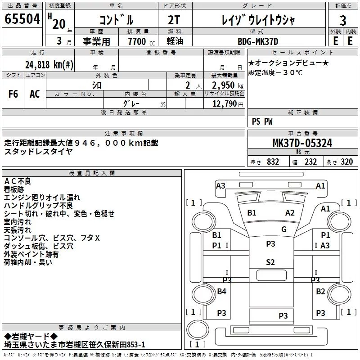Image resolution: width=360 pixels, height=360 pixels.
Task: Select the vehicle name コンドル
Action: click(116, 21)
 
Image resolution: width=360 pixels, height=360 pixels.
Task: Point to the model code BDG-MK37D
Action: click(258, 41)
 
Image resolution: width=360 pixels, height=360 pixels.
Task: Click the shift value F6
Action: click(13, 94)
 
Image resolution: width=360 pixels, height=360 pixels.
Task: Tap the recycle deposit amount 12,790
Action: click(225, 104)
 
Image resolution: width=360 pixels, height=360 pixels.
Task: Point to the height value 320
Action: click(346, 162)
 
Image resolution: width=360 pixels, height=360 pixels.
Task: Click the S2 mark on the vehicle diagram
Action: click(270, 262)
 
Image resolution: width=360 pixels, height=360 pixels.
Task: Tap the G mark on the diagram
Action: click(284, 229)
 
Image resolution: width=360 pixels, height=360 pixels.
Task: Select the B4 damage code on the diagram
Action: click(221, 292)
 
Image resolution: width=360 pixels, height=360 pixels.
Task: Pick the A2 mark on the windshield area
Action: click(290, 213)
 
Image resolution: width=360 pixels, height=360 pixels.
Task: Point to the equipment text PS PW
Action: click(262, 121)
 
